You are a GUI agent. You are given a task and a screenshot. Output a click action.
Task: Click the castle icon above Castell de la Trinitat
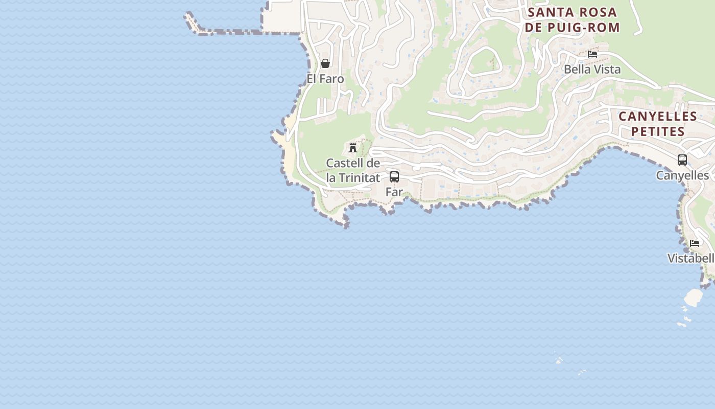click(352, 148)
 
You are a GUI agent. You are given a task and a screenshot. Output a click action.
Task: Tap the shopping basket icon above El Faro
click(325, 63)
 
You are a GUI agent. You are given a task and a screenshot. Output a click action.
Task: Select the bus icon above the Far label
click(394, 177)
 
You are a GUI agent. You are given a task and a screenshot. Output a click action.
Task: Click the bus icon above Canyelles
click(682, 160)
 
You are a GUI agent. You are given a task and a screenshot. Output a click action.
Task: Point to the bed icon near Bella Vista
click(592, 54)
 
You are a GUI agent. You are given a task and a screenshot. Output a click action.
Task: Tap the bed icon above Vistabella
click(695, 243)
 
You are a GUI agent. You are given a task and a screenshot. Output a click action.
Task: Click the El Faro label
click(325, 79)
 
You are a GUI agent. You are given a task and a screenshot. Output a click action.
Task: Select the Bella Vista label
click(592, 70)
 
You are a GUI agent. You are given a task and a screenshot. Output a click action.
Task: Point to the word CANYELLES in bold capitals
click(658, 117)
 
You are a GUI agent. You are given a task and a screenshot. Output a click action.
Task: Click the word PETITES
click(658, 132)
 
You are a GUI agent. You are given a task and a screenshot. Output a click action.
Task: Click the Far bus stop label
click(394, 192)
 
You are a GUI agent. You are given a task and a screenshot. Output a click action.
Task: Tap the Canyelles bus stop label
click(682, 175)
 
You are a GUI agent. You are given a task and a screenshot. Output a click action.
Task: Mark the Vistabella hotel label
click(691, 258)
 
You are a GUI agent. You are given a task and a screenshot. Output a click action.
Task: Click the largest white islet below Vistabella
click(693, 297)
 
